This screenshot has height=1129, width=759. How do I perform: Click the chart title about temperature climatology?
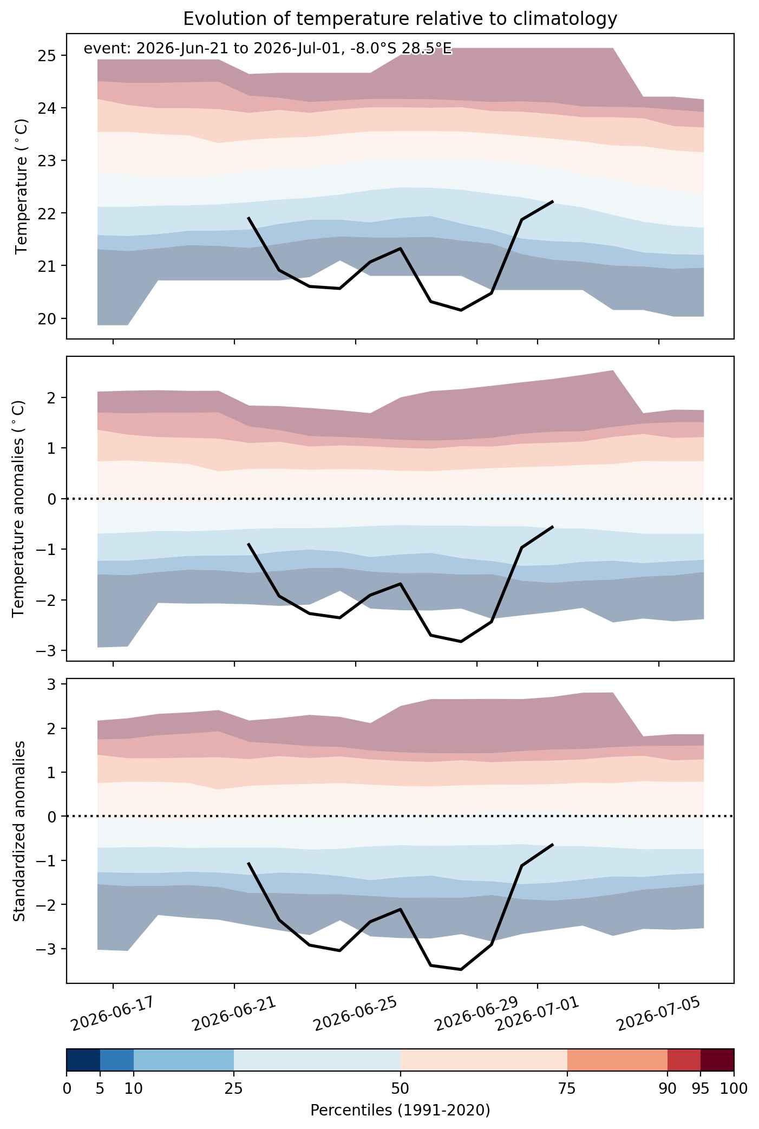coord(400,19)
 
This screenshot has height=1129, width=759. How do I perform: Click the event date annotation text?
coord(267,49)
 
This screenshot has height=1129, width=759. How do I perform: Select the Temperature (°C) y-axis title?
coord(22,186)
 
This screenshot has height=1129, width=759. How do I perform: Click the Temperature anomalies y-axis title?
coord(18,508)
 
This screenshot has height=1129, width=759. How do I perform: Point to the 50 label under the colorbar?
coord(400,1089)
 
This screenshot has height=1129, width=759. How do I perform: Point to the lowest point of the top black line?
coord(461,310)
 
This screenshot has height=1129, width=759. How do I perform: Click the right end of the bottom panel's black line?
coord(553,845)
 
